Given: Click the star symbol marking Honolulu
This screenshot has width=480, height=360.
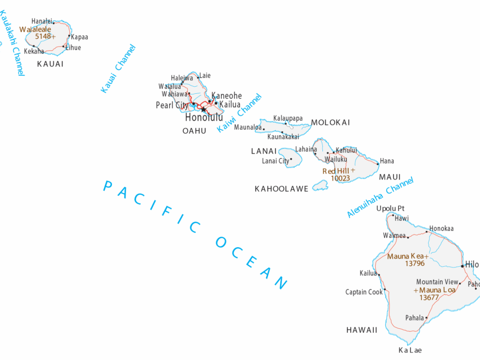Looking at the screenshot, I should (x=203, y=109).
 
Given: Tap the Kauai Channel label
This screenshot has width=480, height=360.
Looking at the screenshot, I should (x=118, y=69).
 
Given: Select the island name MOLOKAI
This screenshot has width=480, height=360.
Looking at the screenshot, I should (x=330, y=123).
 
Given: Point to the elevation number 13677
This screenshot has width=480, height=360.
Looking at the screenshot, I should (x=429, y=298).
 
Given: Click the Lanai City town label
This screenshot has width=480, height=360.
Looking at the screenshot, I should (x=275, y=161).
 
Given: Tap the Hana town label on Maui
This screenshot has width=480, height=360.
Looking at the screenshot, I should (x=387, y=161).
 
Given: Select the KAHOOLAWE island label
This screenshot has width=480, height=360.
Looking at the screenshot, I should (x=281, y=189).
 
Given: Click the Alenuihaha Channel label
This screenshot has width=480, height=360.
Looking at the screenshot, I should (x=380, y=197).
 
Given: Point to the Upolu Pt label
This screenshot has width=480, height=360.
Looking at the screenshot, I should (x=390, y=208).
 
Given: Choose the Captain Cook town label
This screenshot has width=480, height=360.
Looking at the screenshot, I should (x=364, y=292).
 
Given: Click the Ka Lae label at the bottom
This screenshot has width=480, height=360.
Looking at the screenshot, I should (x=410, y=350).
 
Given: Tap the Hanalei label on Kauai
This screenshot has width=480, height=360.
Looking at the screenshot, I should (x=42, y=21).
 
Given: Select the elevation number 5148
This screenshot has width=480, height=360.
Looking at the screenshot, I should (x=43, y=37).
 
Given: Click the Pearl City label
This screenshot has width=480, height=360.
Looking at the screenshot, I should (x=172, y=105).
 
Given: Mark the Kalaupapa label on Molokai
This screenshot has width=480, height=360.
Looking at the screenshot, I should (x=287, y=118).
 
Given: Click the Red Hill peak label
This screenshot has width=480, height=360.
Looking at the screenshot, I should (x=335, y=171).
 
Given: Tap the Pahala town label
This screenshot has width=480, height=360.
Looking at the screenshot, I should (x=414, y=317).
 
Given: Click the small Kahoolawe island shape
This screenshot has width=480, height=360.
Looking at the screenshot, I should (x=320, y=185).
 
